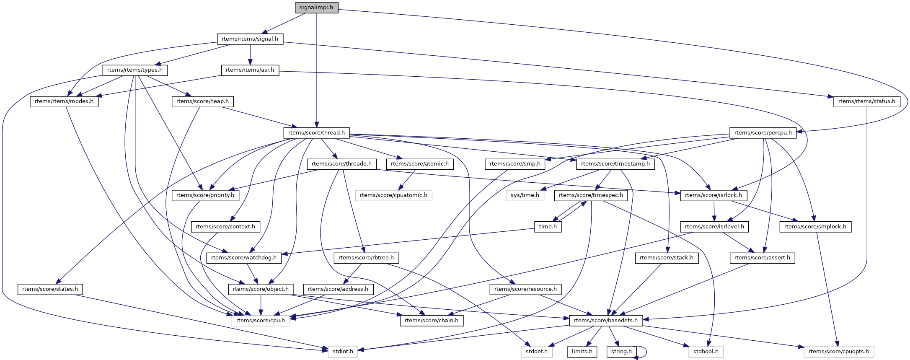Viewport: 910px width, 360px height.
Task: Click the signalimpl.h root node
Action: coord(316,8)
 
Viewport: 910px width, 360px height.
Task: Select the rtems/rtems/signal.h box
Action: coord(250,39)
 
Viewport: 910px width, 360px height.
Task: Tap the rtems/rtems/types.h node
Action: coord(135,70)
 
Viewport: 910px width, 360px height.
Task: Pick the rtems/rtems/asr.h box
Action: coord(250,70)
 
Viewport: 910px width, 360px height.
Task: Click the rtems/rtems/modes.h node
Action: coord(64,101)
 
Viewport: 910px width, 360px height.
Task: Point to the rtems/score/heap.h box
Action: coord(202,101)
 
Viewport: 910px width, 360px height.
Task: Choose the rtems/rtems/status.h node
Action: coord(866,101)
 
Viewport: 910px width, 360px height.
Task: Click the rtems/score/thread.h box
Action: coord(316,133)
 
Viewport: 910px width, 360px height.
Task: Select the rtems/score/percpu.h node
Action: coord(763,133)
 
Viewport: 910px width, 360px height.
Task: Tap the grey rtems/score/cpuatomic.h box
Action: coord(393,195)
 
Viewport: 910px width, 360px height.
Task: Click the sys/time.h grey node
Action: coord(525,195)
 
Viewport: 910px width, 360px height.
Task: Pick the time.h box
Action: coord(548,227)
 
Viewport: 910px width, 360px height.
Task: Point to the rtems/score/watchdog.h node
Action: coord(244,258)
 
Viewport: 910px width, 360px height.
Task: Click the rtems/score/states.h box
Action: coord(50,289)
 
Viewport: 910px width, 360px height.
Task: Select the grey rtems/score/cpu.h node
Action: coord(261,321)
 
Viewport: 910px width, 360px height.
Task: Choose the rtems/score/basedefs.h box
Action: coord(605,321)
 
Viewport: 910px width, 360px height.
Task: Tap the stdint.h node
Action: coord(342,352)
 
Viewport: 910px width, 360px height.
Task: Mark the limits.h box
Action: coord(582,352)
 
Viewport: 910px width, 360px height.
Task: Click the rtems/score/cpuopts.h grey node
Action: coord(839,352)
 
